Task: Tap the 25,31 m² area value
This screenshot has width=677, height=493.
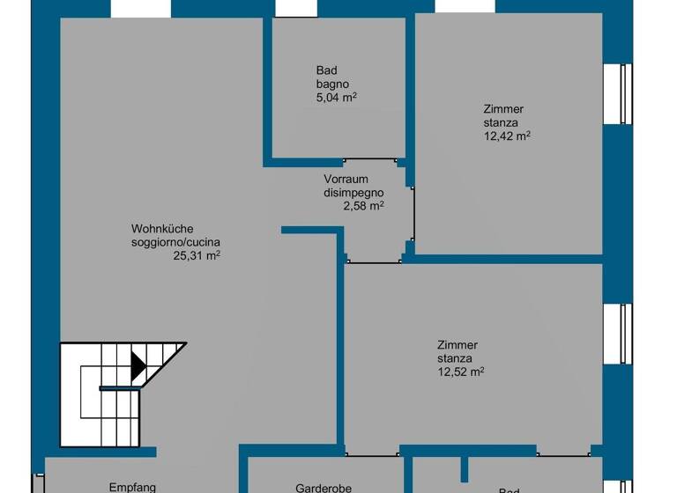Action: click(196, 256)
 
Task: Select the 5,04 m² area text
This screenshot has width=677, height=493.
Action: click(336, 98)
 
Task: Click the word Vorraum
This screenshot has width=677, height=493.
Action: click(346, 180)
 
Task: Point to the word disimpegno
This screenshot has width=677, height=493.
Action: click(354, 193)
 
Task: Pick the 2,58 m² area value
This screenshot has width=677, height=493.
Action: click(363, 206)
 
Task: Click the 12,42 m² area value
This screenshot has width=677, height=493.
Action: click(506, 136)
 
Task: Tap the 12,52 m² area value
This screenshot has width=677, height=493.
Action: click(461, 372)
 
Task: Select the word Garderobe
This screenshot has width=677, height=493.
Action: click(324, 487)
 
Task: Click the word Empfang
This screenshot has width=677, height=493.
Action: click(132, 487)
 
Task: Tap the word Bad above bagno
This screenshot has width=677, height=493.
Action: click(326, 70)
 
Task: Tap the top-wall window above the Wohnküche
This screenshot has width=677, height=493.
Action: click(141, 7)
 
